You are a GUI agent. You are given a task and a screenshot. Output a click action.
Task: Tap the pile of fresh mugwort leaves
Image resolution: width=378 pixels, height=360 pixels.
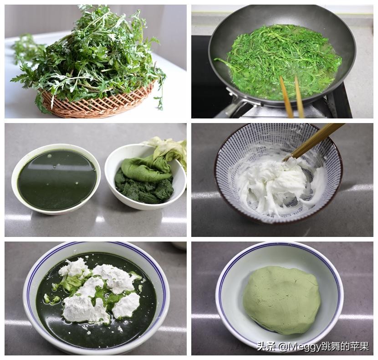[x=91, y=50]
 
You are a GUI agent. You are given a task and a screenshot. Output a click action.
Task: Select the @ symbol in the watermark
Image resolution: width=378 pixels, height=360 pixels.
[x=283, y=347]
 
